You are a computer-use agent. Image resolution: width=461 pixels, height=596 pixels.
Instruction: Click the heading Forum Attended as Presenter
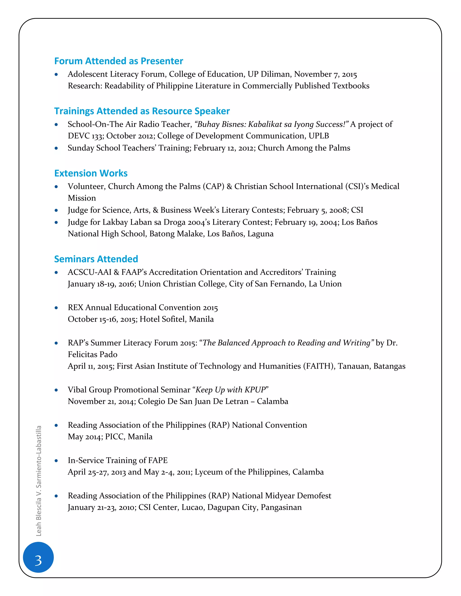tap(119, 61)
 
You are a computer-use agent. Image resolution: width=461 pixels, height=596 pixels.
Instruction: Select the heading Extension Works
tap(91, 173)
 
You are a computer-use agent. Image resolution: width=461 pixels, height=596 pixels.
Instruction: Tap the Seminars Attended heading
tap(96, 259)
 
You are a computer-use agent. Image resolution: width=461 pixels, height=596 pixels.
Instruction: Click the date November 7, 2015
tap(325, 74)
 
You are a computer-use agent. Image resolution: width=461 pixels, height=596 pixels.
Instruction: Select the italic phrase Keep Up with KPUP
tap(230, 390)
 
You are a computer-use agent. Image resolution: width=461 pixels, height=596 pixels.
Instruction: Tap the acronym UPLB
tap(319, 136)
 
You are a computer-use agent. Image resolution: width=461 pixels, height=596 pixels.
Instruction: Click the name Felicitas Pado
tap(93, 354)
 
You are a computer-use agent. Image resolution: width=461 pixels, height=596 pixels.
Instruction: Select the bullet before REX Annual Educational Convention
tap(56, 308)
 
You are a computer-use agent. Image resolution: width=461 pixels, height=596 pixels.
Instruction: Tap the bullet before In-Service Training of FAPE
tap(56, 461)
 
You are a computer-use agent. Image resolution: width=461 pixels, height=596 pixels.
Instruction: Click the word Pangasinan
tap(281, 507)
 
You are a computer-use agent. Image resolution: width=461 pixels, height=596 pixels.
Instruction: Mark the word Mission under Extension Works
tap(82, 198)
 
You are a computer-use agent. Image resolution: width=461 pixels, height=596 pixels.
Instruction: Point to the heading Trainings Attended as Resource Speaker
tap(142, 111)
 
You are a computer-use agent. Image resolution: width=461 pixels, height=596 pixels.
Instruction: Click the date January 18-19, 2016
tap(101, 284)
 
